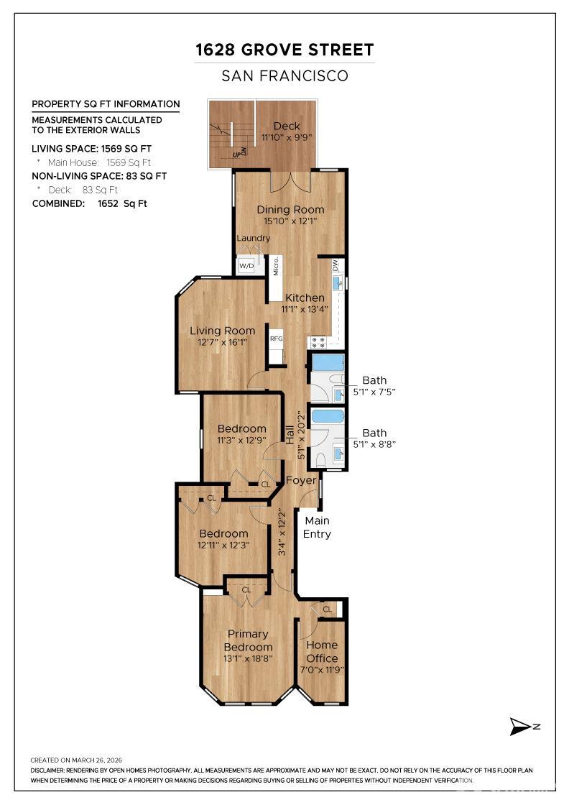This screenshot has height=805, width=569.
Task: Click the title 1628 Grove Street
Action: pos(284,50)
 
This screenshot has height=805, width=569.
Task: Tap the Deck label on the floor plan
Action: pos(287,126)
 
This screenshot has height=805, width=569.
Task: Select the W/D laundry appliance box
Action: pos(246,266)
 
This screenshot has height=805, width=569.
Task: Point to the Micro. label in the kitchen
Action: pos(276,266)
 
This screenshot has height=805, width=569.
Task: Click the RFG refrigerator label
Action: pos(277,338)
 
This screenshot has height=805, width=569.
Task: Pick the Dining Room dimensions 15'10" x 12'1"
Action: pos(291,222)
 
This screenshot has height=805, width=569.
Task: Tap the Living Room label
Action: pos(222,331)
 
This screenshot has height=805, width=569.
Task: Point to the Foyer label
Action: pos(301,480)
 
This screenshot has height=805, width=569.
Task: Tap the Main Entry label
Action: pos(317,527)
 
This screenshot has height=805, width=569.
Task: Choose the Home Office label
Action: pos(322,652)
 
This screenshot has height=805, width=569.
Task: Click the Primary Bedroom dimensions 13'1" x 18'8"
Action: pos(248,659)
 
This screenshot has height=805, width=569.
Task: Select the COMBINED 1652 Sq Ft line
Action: pos(90,203)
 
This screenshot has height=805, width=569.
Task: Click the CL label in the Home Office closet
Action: pos(328,609)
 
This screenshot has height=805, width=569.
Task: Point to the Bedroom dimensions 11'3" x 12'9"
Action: pos(241,441)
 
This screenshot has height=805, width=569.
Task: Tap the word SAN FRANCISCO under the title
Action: pos(284,75)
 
